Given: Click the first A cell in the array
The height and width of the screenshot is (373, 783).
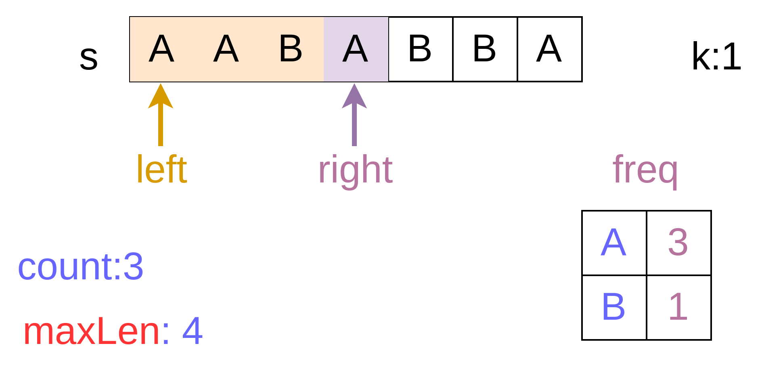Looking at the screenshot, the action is pyautogui.click(x=161, y=49).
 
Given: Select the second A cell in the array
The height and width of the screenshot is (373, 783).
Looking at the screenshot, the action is pyautogui.click(x=226, y=49).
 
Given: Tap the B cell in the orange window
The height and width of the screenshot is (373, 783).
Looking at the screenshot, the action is pyautogui.click(x=291, y=49).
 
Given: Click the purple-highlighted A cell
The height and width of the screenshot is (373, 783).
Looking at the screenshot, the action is pyautogui.click(x=355, y=49).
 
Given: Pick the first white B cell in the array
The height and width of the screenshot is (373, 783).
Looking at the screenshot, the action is pyautogui.click(x=420, y=49).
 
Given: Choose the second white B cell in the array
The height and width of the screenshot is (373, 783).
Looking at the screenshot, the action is pyautogui.click(x=484, y=49).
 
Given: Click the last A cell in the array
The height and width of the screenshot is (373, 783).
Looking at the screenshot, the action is pyautogui.click(x=549, y=49).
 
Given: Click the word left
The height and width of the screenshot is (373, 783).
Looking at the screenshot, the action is pyautogui.click(x=162, y=170).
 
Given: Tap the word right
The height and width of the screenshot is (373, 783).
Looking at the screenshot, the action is pyautogui.click(x=355, y=170).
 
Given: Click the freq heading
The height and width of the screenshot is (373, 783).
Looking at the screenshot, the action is pyautogui.click(x=645, y=170).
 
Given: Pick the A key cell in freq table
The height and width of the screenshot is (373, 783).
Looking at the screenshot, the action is pyautogui.click(x=613, y=243).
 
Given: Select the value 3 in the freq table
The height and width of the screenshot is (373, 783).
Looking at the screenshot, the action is pyautogui.click(x=678, y=243).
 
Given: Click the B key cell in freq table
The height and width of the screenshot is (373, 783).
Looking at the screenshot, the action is pyautogui.click(x=613, y=307).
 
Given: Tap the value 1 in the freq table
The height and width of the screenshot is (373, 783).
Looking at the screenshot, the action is pyautogui.click(x=678, y=307).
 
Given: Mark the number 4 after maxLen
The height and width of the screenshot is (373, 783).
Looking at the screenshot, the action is pyautogui.click(x=192, y=331).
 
